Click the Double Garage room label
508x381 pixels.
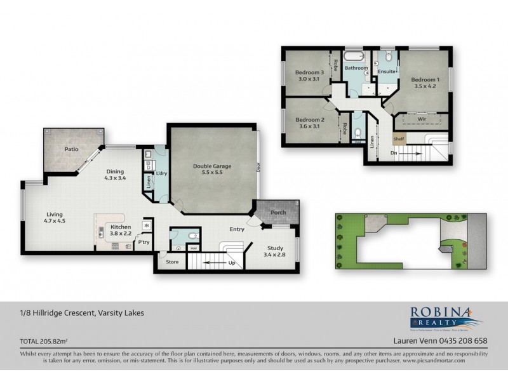[212, 166]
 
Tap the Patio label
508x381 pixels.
[71, 150]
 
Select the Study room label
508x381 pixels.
[275, 249]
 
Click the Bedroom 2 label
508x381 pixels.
[310, 119]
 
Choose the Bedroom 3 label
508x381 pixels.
[310, 72]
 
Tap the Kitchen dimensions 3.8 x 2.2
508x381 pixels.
[121, 233]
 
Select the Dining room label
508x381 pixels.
[115, 171]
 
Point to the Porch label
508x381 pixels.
[278, 213]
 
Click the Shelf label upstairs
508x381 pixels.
[399, 139]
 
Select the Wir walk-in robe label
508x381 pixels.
[421, 119]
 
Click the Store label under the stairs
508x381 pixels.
[171, 260]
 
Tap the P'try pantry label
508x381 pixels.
[144, 242]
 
